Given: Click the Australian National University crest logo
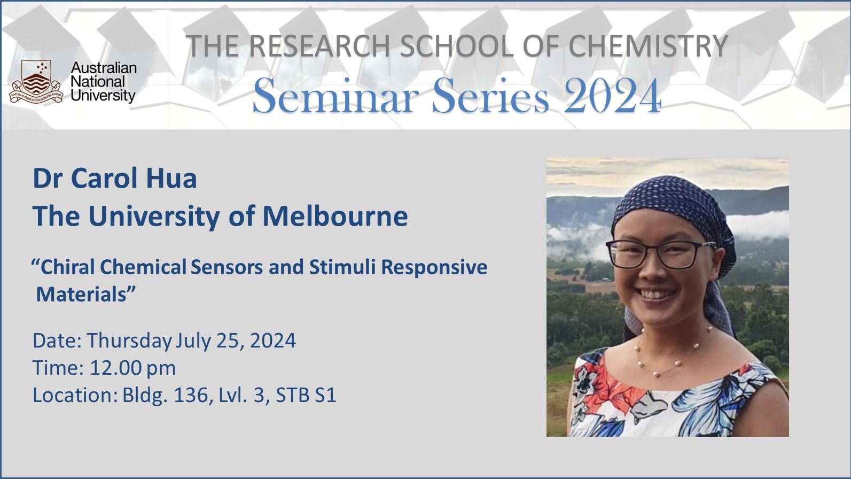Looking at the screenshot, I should [36, 81].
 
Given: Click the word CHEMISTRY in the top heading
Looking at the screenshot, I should [647, 46].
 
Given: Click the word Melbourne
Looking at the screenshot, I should [335, 217].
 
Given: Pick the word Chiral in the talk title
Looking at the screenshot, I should [68, 267].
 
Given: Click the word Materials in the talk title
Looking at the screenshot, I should [83, 294].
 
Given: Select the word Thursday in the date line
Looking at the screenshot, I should [129, 341].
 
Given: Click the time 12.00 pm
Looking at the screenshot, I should [132, 368].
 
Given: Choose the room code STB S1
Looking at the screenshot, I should [306, 395].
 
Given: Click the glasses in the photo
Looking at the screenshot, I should [654, 253].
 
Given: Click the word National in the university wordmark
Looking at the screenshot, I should [97, 82].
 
